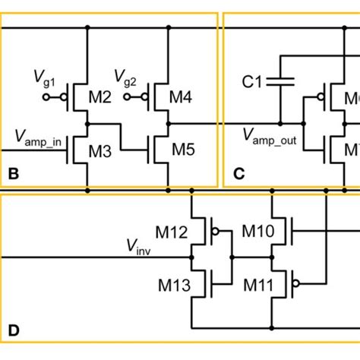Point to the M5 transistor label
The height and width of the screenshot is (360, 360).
pyautogui.click(x=183, y=150)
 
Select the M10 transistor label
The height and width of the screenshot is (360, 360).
pyautogui.click(x=257, y=230)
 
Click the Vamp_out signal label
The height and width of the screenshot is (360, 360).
pyautogui.click(x=270, y=137)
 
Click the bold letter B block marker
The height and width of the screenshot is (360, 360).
pyautogui.click(x=12, y=174)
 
